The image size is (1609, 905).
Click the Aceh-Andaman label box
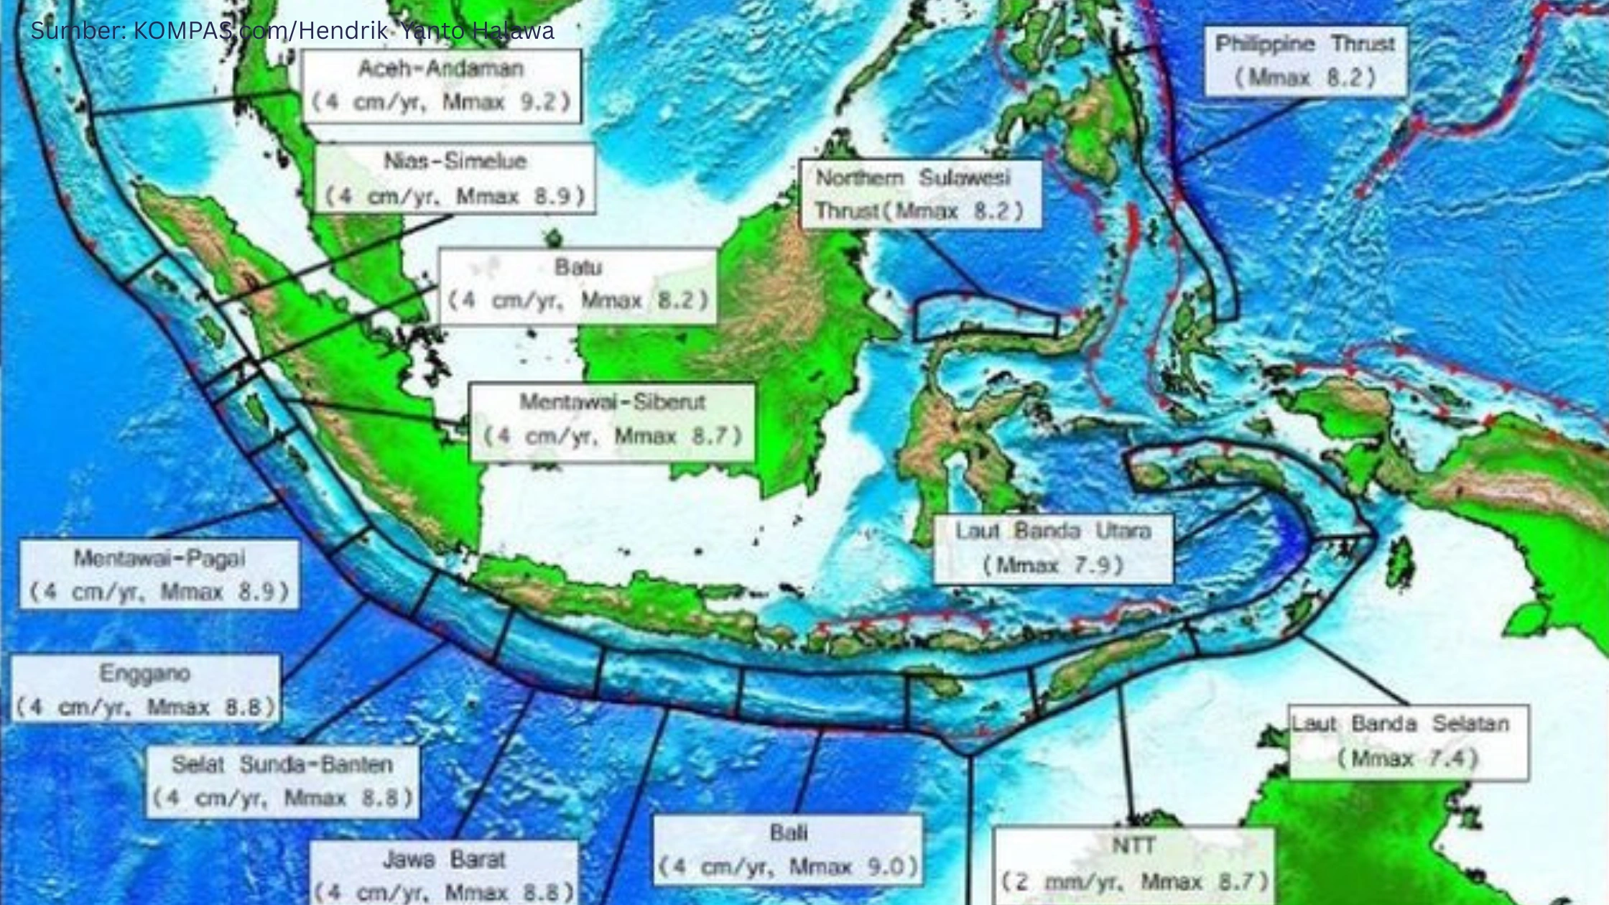point(441,85)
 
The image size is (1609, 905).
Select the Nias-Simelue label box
point(455,178)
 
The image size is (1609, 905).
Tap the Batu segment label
point(578,285)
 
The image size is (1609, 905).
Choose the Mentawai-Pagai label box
point(159,575)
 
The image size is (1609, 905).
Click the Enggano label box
point(145,690)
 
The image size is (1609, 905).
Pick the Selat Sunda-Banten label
point(282,781)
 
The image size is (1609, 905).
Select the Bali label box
point(788,850)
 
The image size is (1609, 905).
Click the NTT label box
point(1133,864)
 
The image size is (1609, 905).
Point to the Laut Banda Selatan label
point(1408,741)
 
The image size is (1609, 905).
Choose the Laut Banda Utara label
point(1053,548)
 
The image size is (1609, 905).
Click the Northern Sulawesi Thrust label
point(921,194)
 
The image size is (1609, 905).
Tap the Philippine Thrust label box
point(1305,61)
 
